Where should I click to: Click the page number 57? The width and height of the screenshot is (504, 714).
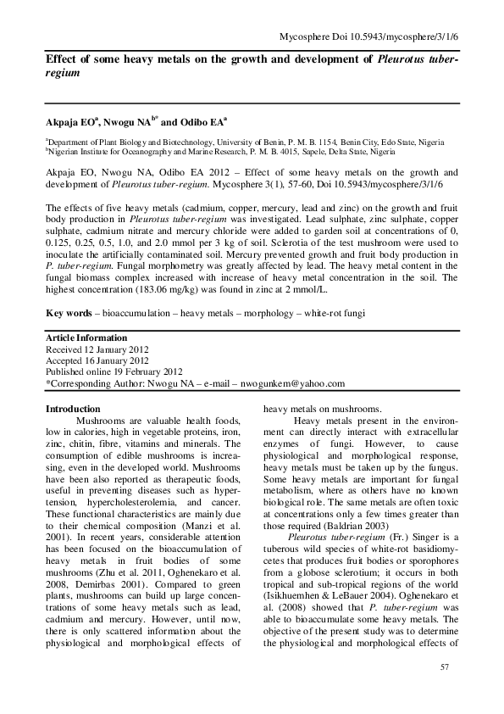coord(444,671)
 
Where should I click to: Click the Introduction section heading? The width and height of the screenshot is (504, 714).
coord(72,409)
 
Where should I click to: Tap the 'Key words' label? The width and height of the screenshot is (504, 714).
coord(68,313)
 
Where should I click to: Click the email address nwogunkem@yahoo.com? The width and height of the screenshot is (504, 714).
coord(292,383)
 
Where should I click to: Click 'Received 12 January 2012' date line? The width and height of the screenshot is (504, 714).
coord(97,349)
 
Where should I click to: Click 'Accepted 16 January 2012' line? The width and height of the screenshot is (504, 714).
coord(97,360)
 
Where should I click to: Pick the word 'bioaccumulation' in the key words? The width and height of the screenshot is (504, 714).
coord(135,313)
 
